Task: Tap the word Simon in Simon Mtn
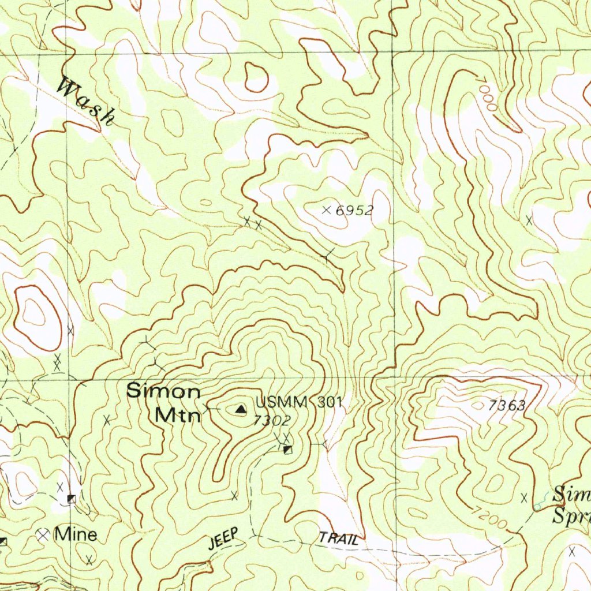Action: (163, 391)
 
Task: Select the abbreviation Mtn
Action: (177, 414)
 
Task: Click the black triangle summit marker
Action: (240, 410)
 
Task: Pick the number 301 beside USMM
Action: (330, 402)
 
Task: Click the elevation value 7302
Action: (271, 421)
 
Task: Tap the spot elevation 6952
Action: (354, 211)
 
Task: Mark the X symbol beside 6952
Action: (327, 210)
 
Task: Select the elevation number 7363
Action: (506, 406)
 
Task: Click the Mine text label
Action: (76, 535)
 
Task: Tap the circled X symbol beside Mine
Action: (43, 535)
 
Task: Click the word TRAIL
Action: (341, 540)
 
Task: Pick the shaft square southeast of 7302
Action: (288, 450)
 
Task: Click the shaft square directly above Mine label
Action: (72, 499)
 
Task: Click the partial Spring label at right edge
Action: (571, 515)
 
